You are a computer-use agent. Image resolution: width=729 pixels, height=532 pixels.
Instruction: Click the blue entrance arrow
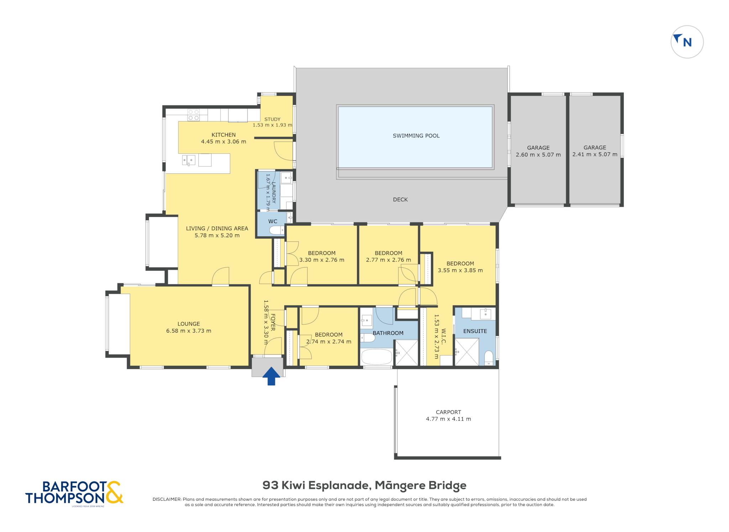click(271, 376)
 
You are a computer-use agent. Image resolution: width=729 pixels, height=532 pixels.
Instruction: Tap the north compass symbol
click(687, 42)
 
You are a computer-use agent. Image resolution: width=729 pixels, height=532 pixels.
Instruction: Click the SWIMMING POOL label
click(416, 136)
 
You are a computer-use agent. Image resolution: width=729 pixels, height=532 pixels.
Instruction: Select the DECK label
click(400, 200)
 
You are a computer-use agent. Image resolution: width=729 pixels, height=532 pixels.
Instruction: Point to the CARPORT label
click(449, 412)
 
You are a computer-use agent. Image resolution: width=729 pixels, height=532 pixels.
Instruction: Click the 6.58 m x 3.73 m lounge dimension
click(189, 331)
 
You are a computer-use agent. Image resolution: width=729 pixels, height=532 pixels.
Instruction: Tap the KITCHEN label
click(224, 135)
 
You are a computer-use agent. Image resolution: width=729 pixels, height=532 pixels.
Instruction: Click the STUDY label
click(272, 119)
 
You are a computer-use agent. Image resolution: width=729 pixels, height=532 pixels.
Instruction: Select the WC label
click(273, 221)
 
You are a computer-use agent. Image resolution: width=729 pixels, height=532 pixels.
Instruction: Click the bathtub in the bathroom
click(377, 357)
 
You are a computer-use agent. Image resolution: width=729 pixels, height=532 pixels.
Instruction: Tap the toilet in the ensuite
click(489, 358)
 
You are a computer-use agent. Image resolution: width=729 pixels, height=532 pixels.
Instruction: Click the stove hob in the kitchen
click(194, 115)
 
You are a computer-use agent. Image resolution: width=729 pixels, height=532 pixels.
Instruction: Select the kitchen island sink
click(189, 160)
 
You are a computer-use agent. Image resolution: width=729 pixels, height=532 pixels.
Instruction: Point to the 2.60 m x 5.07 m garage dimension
click(538, 155)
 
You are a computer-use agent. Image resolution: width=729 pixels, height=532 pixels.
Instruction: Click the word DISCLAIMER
click(167, 499)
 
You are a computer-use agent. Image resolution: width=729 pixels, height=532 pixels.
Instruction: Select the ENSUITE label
click(475, 331)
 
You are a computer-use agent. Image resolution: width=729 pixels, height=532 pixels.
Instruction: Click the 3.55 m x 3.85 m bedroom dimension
click(460, 270)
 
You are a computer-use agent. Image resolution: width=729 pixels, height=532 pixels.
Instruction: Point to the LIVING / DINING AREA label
click(217, 229)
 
